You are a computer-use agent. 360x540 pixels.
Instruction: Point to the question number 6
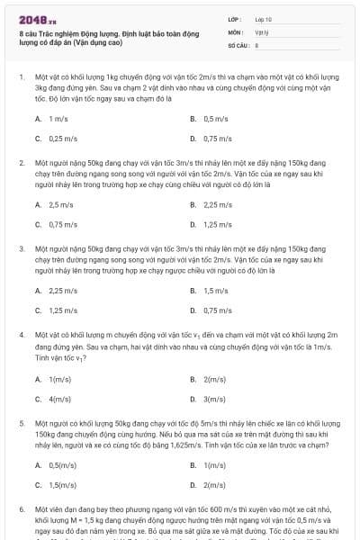click(21, 509)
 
